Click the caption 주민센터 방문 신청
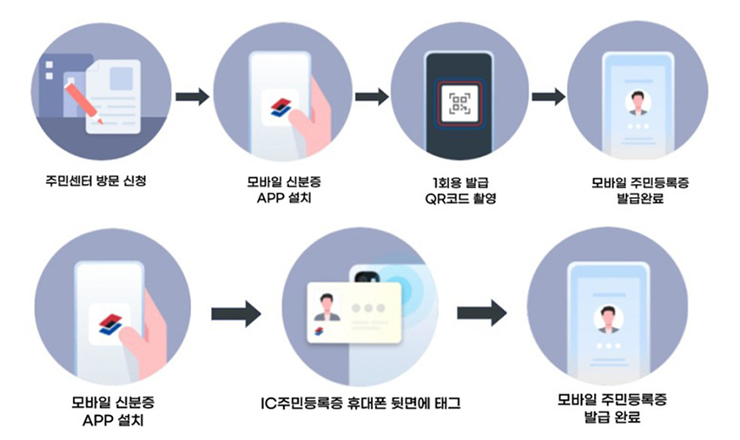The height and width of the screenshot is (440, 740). (98, 183)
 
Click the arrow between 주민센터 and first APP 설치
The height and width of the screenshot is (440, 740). (192, 95)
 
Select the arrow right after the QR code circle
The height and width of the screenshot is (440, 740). (548, 95)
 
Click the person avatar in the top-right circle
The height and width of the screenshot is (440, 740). (638, 102)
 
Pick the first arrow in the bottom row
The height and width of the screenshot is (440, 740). (236, 314)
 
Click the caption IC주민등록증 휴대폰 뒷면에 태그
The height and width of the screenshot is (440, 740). (360, 403)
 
